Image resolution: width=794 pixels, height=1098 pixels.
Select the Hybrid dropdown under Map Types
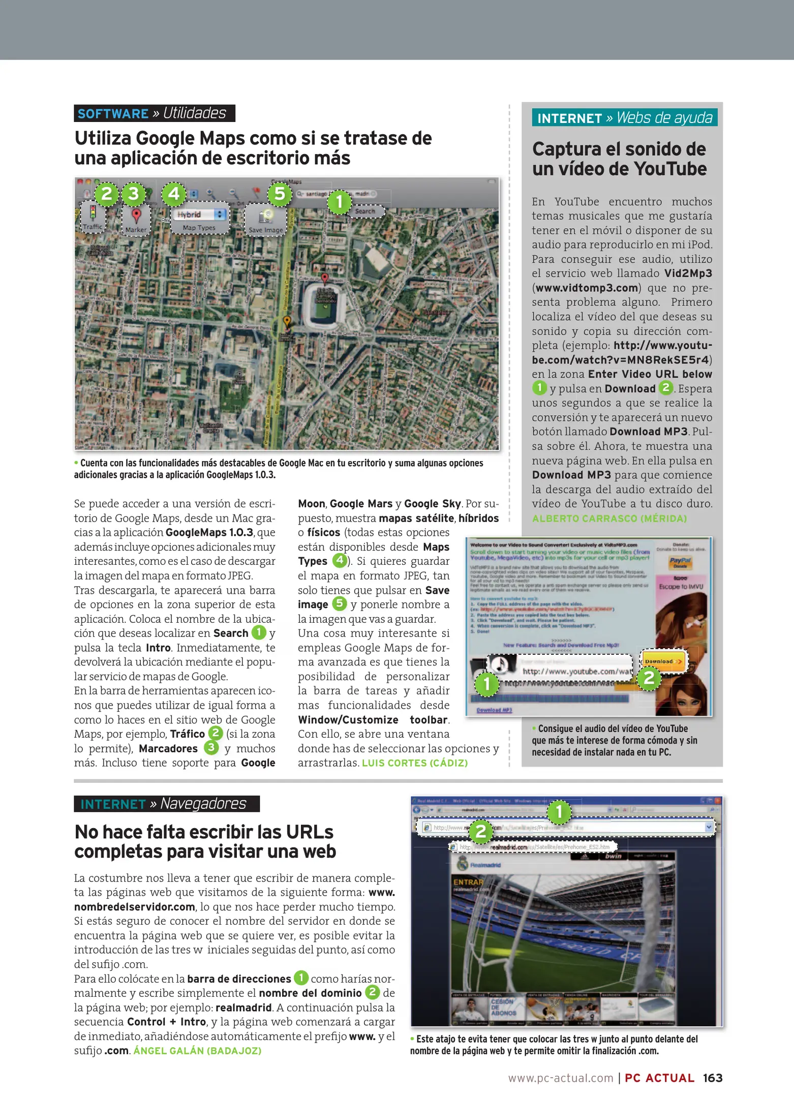click(x=200, y=215)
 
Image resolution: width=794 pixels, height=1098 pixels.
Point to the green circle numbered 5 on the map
click(x=280, y=194)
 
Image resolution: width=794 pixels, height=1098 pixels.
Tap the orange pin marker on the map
click(x=287, y=321)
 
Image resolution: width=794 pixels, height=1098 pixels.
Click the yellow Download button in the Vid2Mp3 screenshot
click(x=663, y=661)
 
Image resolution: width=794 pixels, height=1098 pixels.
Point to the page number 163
click(x=713, y=1078)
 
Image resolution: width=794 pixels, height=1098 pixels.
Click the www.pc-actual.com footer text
click(x=561, y=1078)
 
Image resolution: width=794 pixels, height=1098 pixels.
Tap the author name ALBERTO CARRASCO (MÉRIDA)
click(x=609, y=518)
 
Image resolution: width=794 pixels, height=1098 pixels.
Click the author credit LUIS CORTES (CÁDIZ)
click(x=414, y=763)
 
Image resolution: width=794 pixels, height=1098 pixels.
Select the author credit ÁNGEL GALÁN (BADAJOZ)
click(x=197, y=1051)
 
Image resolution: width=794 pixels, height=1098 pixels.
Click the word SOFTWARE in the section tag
click(x=113, y=113)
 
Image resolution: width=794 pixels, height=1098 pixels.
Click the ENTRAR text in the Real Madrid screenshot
click(x=468, y=882)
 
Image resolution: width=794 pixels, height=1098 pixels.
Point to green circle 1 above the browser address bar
click(x=559, y=812)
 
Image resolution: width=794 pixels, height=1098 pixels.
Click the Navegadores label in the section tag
click(x=203, y=804)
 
